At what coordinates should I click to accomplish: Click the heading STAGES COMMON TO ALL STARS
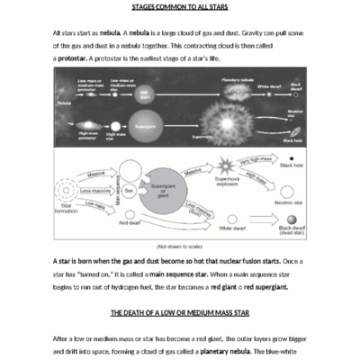point(180,7)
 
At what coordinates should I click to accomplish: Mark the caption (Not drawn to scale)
point(180,246)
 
